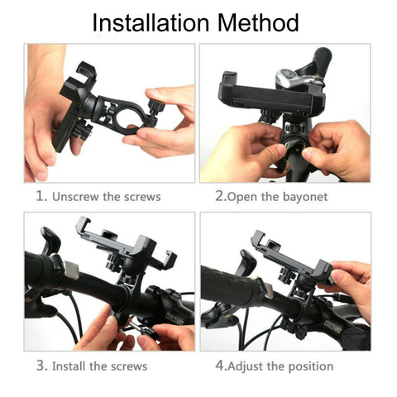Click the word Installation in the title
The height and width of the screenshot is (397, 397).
151,22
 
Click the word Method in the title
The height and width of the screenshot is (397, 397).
258,22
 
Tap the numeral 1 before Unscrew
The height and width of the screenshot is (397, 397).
40,196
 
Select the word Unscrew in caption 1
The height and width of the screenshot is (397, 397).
75,197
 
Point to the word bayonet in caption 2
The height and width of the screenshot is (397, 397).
305,198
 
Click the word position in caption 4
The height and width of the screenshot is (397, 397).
310,367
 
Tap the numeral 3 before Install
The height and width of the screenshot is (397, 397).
41,366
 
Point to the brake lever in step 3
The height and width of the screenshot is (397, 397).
50,241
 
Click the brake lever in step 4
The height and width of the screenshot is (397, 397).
247,262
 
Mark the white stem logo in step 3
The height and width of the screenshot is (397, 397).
175,317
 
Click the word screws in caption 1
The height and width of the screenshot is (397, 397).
142,198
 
